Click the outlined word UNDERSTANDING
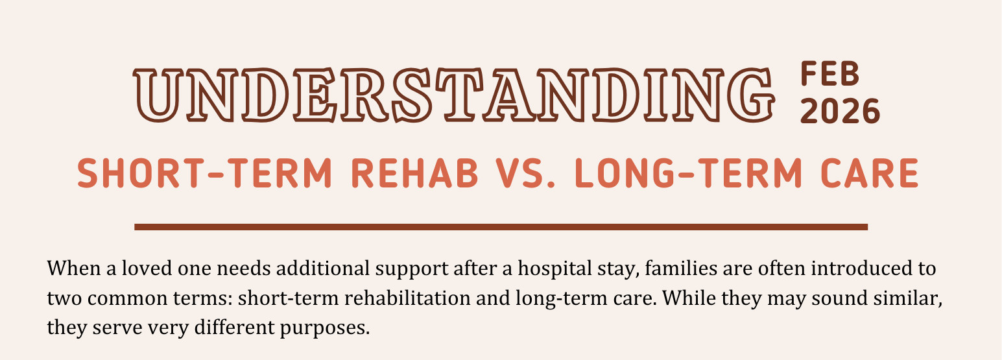[453, 95]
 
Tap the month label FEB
[830, 74]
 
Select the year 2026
[840, 112]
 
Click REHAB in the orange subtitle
[414, 174]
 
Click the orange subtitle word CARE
[870, 174]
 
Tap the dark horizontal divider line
[501, 227]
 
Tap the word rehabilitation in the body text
[407, 298]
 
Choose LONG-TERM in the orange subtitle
[688, 174]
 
